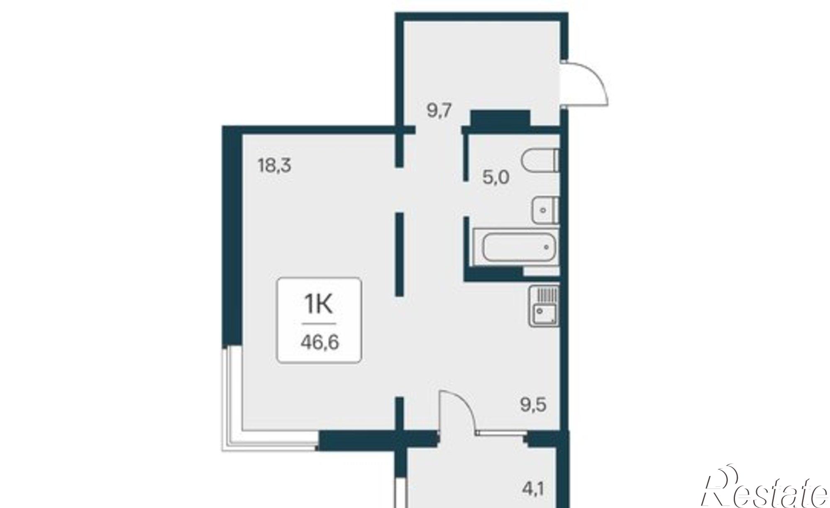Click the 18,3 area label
pos(275,166)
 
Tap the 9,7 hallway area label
pos(439,111)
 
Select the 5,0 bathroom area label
pos(496,178)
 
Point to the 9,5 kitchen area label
pos(533,404)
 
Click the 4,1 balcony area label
pos(533,490)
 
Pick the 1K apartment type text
pos(319,305)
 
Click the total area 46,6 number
pos(320,343)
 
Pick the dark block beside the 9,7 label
pos(500,118)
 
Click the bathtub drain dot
pos(547,247)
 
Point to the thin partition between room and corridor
pos(400,254)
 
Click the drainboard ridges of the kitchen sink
pos(547,295)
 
